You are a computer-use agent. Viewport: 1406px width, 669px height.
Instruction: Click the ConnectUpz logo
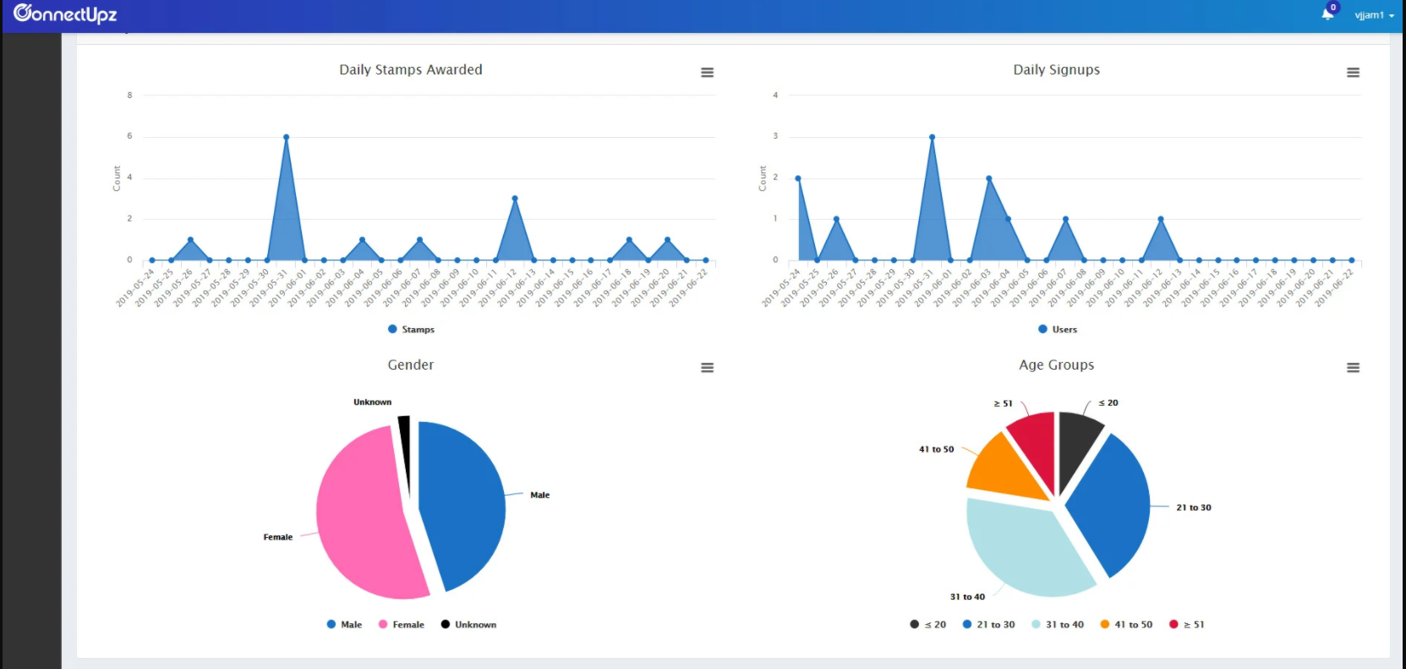click(65, 14)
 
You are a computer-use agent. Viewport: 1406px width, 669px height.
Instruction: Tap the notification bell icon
click(1327, 14)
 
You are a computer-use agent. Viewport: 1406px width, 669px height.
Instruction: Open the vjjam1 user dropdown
click(1374, 15)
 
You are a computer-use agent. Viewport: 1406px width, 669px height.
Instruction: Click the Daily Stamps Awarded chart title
click(411, 70)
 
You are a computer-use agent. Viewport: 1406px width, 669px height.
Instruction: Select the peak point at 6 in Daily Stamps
click(287, 137)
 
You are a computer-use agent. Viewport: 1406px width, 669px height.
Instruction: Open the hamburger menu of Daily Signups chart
click(1353, 73)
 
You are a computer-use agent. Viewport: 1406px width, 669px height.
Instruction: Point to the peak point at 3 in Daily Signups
click(932, 137)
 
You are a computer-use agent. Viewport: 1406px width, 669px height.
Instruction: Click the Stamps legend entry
click(412, 330)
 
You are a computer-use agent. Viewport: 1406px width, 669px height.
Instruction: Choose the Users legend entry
click(1058, 330)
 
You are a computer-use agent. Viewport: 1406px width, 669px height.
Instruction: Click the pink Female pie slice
click(364, 516)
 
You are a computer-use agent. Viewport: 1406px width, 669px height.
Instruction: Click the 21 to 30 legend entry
click(989, 625)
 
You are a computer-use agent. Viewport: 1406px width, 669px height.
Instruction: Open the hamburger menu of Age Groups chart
click(1353, 368)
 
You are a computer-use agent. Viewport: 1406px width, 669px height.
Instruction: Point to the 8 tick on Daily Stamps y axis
click(129, 96)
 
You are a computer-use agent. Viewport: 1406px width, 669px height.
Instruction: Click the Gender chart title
click(411, 365)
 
